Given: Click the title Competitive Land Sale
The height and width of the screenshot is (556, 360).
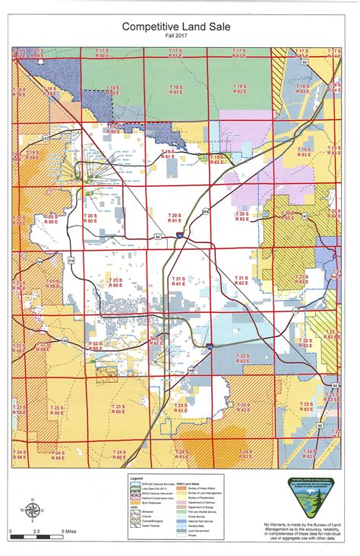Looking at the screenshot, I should [x=180, y=26].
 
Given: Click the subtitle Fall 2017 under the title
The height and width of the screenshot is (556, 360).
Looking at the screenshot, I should [x=180, y=36].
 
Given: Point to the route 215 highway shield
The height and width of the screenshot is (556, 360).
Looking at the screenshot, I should [x=72, y=261].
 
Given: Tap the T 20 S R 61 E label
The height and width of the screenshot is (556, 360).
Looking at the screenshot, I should [x=175, y=218].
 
